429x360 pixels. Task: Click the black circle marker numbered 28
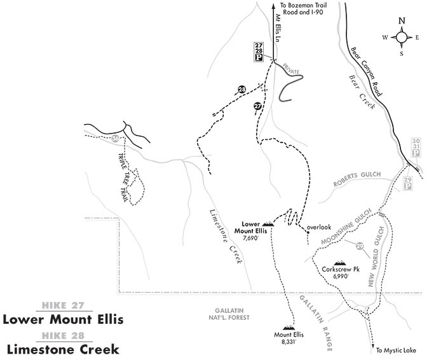pos(242,90)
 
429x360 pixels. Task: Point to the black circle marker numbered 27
pos(257,106)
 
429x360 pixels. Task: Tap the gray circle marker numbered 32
pos(115,138)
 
